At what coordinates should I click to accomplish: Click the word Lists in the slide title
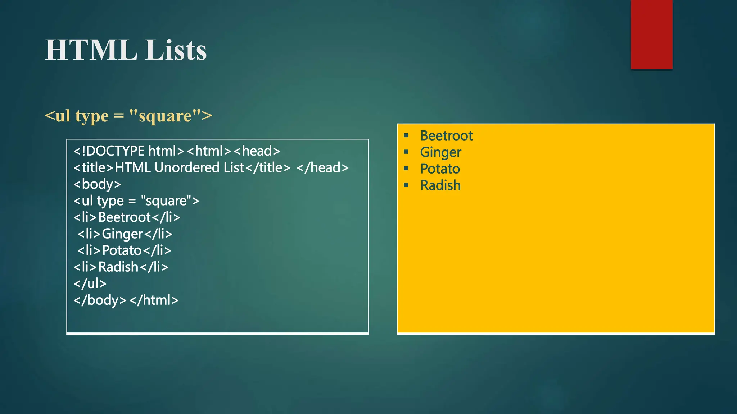[176, 50]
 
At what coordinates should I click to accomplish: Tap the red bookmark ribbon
[651, 34]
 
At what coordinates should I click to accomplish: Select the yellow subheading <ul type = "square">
[128, 116]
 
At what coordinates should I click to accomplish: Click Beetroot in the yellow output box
[446, 136]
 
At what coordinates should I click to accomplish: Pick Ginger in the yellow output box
[440, 152]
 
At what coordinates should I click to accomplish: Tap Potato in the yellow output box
[440, 169]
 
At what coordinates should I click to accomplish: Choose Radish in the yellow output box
[440, 185]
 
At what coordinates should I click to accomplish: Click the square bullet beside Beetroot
[406, 135]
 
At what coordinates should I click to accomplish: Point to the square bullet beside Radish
[406, 185]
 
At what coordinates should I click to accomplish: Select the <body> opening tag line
[97, 184]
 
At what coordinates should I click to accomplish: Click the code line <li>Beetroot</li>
[127, 217]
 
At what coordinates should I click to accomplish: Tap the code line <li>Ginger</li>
[125, 234]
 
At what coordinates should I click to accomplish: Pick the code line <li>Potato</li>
[124, 250]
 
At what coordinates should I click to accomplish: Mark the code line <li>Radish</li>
[121, 267]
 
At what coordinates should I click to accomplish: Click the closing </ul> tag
[90, 284]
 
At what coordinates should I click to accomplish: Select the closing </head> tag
[322, 168]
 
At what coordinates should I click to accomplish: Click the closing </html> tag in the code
[154, 300]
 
